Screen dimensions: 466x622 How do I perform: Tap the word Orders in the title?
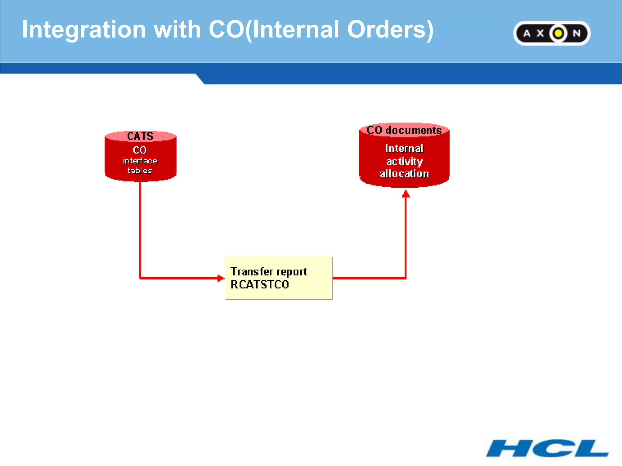tap(390, 30)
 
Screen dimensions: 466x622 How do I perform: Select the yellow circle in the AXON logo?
tap(558, 33)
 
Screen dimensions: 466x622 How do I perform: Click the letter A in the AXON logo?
tap(527, 33)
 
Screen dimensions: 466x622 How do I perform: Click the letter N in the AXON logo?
tap(576, 33)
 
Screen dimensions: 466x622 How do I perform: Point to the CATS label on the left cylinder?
tap(140, 136)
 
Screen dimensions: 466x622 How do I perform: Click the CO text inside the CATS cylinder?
tap(140, 150)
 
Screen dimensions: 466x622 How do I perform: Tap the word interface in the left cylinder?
tap(140, 161)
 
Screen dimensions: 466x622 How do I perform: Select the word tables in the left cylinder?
tap(140, 171)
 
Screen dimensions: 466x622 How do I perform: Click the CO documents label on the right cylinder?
tap(404, 130)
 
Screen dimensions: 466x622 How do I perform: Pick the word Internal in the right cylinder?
tap(404, 148)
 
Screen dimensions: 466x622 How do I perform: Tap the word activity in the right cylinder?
tap(404, 161)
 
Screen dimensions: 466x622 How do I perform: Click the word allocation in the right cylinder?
tap(404, 174)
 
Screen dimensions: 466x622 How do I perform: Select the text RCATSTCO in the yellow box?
tap(260, 285)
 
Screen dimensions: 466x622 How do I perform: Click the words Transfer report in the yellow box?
tap(268, 272)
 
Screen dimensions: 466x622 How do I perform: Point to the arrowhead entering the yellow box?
tap(221, 278)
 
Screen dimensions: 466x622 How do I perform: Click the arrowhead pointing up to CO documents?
tap(406, 194)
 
